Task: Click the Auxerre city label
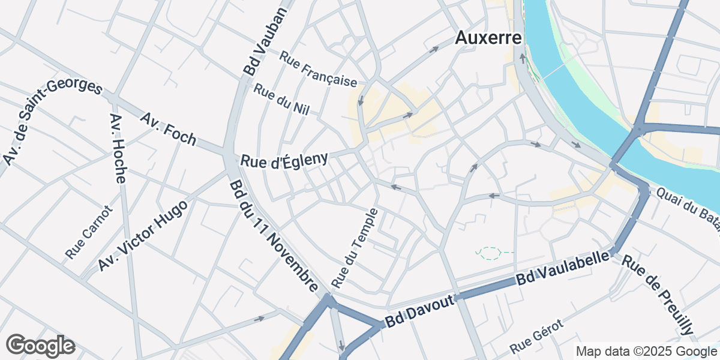point(488,38)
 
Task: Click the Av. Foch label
point(168,128)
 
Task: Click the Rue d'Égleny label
point(284,160)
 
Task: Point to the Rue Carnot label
point(89,233)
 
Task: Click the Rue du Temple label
point(355,247)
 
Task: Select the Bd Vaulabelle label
point(563,271)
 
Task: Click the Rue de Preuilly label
point(658,295)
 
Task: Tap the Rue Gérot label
point(537,337)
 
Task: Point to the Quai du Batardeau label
point(687,208)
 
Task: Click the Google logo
point(40,346)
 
